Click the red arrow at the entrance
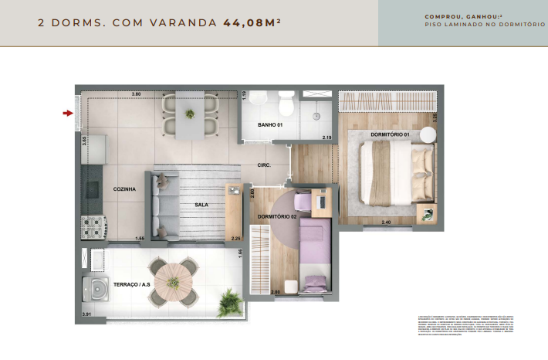point(68,114)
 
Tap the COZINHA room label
point(124,188)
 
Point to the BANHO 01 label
point(270,125)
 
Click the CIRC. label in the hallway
point(264,165)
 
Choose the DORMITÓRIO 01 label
point(389,135)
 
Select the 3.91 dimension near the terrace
point(87,314)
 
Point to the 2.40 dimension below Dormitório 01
point(386,223)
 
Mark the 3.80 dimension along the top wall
point(136,94)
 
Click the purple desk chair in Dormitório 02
point(301,203)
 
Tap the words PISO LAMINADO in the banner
point(458,25)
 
